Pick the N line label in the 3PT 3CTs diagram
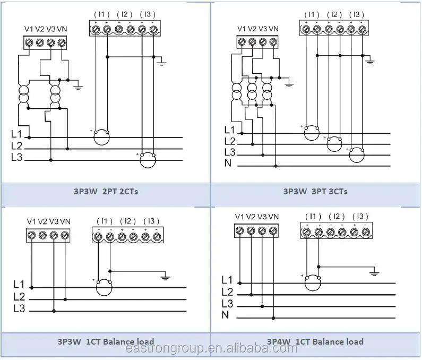pos(228,163)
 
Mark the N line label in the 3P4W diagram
pos(225,315)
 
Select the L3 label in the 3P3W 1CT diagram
pos(20,308)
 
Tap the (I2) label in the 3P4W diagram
pos(336,216)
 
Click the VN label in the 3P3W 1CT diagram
pos(66,221)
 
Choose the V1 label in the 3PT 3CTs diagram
pos(242,29)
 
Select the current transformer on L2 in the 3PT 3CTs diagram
pos(334,143)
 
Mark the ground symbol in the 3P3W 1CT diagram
pos(165,277)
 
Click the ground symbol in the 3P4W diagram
pos(375,273)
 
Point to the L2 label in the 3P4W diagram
pos(227,292)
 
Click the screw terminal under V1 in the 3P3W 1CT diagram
pos(32,235)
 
